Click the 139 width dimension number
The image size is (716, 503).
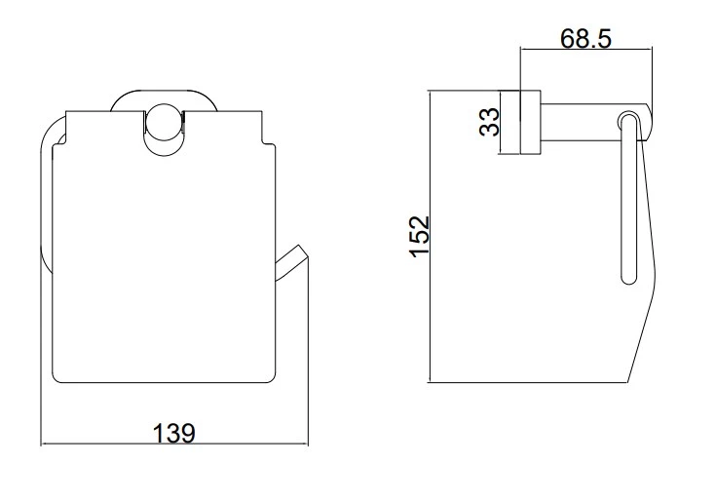pos(173,433)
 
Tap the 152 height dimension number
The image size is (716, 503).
pos(419,237)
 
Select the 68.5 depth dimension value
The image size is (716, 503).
pos(585,38)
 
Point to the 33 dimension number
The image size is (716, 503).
pos(489,122)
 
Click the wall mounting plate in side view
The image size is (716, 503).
pos(530,122)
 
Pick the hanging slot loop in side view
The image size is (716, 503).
pos(628,197)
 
